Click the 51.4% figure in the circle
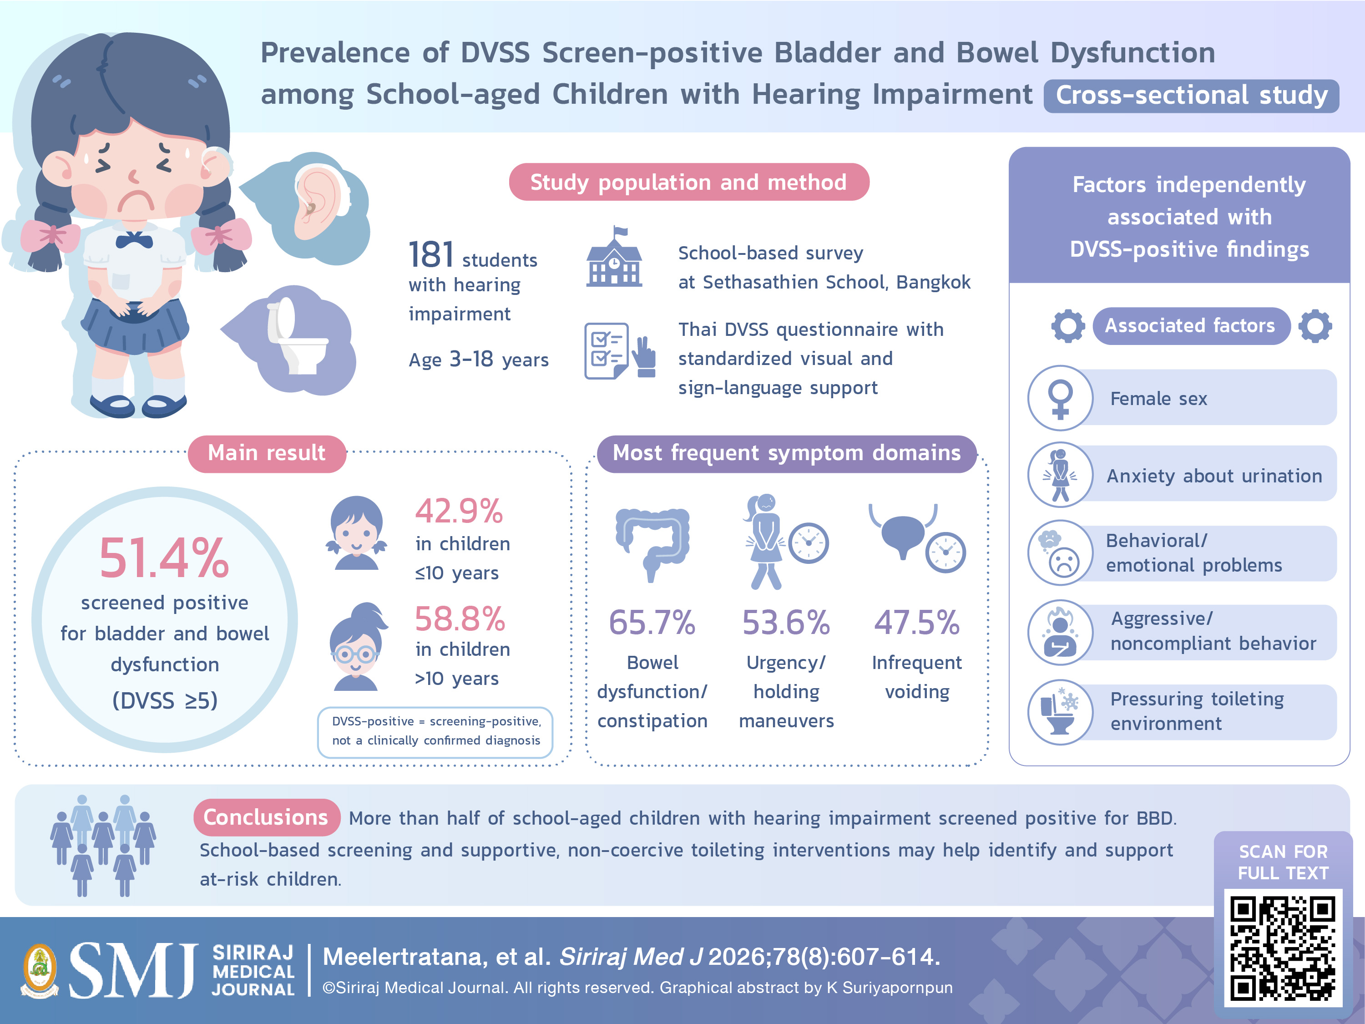164,558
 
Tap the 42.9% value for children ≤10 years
459,511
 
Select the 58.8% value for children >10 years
460,618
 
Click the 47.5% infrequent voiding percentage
917,622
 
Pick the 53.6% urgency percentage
785,622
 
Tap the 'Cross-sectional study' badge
1191,96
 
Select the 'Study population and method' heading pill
689,182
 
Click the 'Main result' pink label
267,453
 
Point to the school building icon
614,258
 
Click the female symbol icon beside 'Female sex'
1060,398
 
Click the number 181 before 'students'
431,254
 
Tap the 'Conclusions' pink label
267,817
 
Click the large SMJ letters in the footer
133,970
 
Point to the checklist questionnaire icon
619,350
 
